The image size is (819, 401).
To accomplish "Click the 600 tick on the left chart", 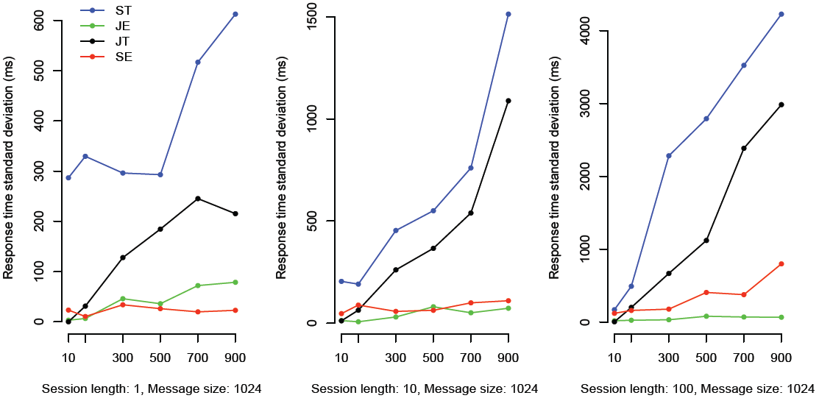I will pos(50,21).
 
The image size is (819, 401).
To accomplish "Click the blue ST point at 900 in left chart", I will pos(235,14).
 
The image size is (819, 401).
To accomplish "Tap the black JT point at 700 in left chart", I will pos(198,199).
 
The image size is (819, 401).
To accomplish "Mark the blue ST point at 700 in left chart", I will pos(198,62).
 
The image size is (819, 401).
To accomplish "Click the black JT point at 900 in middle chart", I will pos(508,101).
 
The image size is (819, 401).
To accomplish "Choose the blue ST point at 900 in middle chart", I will pos(508,14).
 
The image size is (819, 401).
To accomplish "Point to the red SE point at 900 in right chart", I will pos(781,263).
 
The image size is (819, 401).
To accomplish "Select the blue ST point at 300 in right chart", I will pos(669,156).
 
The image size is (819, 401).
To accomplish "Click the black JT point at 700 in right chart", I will pos(744,149).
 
